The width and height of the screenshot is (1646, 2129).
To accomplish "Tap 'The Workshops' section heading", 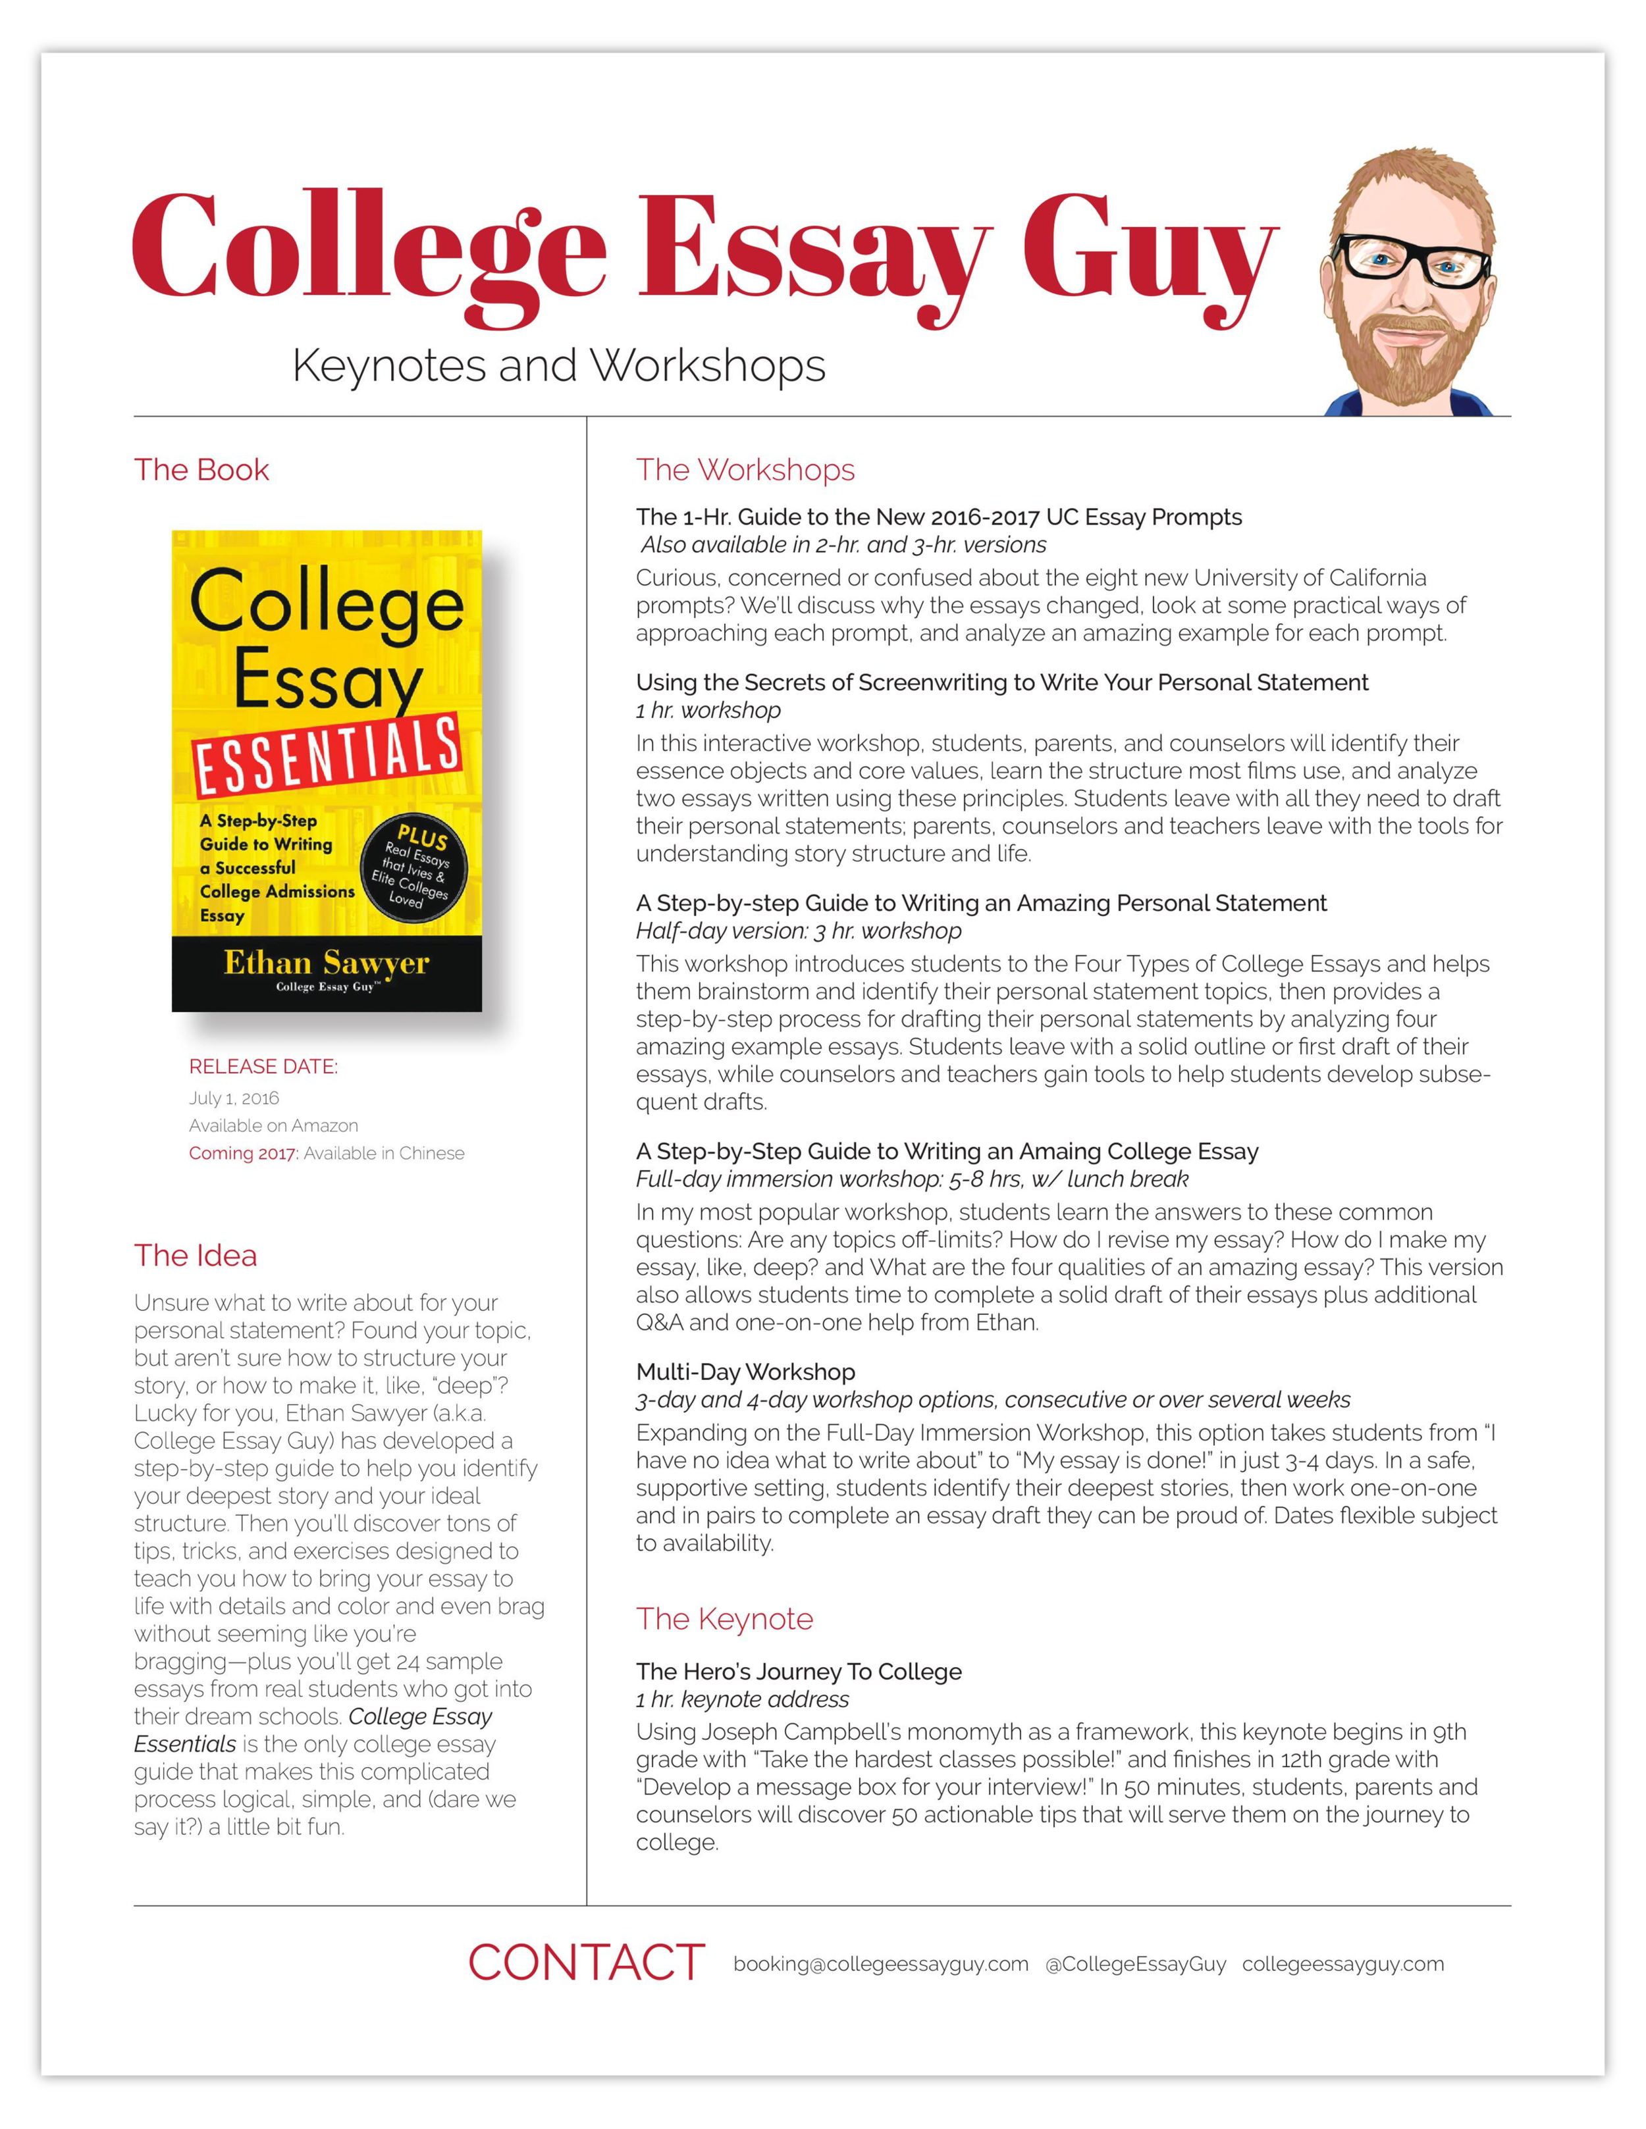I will [745, 470].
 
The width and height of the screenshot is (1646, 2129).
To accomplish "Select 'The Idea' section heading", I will [195, 1256].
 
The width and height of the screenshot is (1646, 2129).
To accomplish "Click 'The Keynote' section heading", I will [724, 1619].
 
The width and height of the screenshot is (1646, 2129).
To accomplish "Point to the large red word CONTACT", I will [586, 1963].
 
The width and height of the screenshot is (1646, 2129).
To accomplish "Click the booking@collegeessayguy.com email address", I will [880, 1964].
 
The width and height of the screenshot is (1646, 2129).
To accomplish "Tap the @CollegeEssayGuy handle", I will [1135, 1964].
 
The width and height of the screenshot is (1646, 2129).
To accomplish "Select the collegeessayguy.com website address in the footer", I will [1342, 1964].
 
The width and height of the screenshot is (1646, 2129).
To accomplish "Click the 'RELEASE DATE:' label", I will [263, 1066].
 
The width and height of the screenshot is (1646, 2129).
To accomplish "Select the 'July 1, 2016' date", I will [234, 1098].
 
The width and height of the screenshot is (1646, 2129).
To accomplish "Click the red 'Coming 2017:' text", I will [243, 1153].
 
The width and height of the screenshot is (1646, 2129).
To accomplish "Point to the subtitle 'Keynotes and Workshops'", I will [559, 367].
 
